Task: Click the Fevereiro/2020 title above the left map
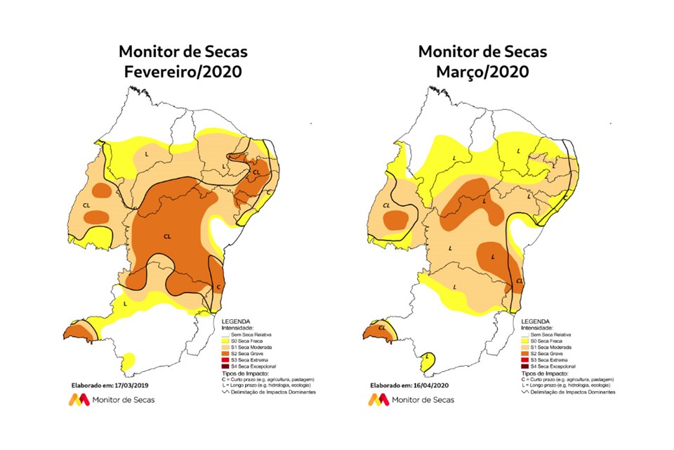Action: point(183,72)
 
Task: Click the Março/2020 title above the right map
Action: point(482,72)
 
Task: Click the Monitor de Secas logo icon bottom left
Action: point(78,399)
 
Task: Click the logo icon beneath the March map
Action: point(378,399)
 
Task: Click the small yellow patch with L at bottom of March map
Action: point(427,362)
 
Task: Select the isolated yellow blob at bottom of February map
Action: point(128,360)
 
